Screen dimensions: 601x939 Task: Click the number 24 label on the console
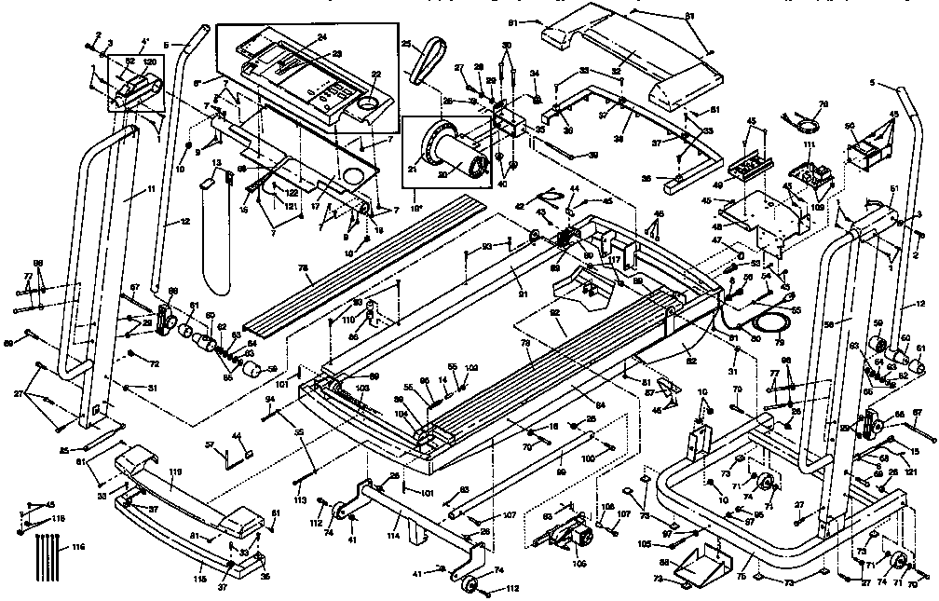click(x=320, y=37)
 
